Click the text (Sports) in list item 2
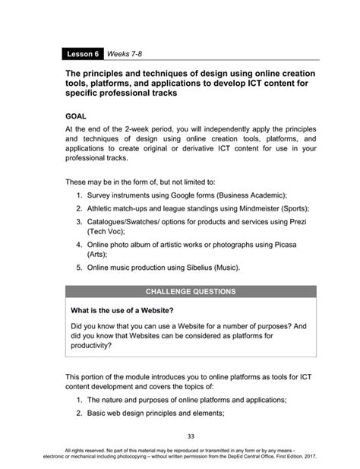(296, 208)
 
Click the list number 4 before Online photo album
(79, 244)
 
